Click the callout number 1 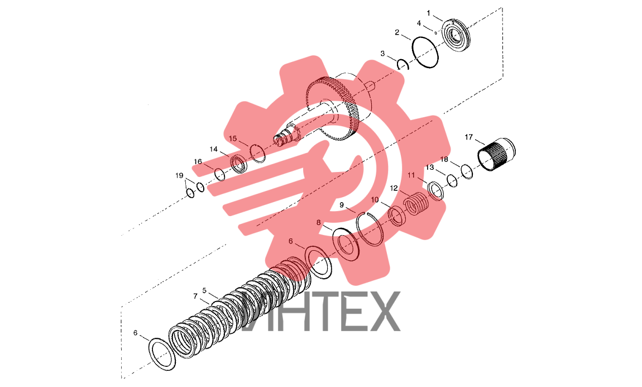[x=428, y=13]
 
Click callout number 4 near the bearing [x=419, y=23]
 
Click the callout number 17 [x=469, y=137]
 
